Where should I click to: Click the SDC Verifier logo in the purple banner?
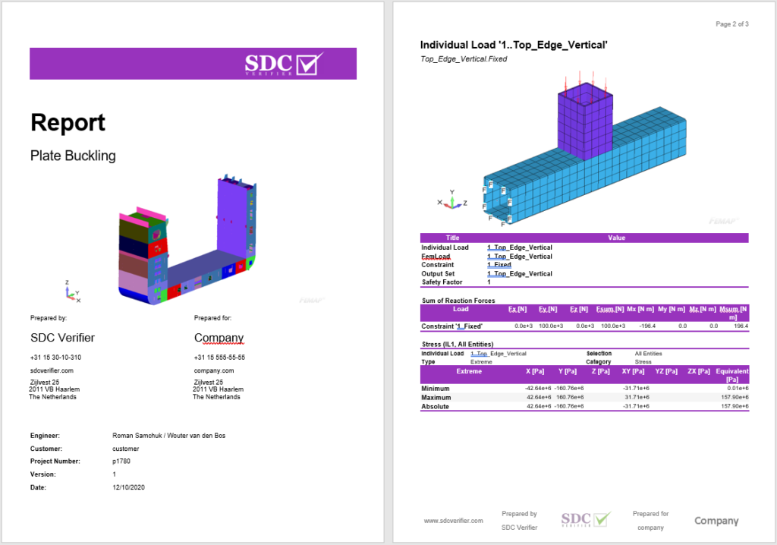point(284,64)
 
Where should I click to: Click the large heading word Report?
point(68,122)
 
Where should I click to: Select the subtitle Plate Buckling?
point(73,156)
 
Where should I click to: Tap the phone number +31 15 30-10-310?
point(55,358)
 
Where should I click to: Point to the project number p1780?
point(121,461)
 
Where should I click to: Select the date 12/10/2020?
point(127,487)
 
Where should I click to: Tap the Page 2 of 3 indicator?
point(732,24)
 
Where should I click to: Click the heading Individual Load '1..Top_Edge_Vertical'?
point(514,45)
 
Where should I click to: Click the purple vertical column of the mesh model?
point(585,121)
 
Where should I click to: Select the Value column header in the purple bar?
point(616,238)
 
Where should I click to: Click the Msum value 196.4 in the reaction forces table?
point(741,326)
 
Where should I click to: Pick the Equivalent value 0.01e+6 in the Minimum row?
point(737,389)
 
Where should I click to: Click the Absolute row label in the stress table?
point(436,406)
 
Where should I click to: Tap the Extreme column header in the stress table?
point(468,371)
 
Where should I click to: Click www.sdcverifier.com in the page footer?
point(453,521)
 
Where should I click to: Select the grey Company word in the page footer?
point(716,521)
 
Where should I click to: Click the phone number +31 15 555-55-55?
point(219,358)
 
